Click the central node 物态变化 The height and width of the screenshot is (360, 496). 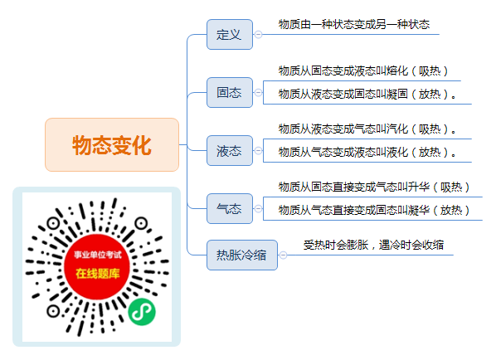[x=112, y=145]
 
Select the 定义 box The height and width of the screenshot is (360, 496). [x=230, y=35]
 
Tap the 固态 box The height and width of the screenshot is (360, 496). [x=230, y=92]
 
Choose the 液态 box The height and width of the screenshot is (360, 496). [x=230, y=151]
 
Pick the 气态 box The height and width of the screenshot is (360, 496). [x=230, y=209]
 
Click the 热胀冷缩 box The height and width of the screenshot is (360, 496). [x=242, y=255]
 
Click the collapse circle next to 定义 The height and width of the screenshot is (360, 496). [x=259, y=35]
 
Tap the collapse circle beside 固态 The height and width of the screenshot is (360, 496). [x=259, y=92]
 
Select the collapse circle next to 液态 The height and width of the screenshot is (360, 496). [x=259, y=151]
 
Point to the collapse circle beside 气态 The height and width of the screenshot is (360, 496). [x=259, y=209]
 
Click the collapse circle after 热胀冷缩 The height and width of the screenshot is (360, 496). [x=283, y=255]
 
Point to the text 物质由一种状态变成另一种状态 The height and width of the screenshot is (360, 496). [x=354, y=24]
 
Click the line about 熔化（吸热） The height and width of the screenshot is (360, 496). [x=363, y=71]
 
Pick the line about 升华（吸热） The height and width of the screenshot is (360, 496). [x=374, y=187]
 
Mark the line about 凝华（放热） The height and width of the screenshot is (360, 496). [x=374, y=211]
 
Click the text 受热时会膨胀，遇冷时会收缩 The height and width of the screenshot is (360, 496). [x=373, y=245]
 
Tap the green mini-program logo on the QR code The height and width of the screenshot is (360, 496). [x=142, y=312]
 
